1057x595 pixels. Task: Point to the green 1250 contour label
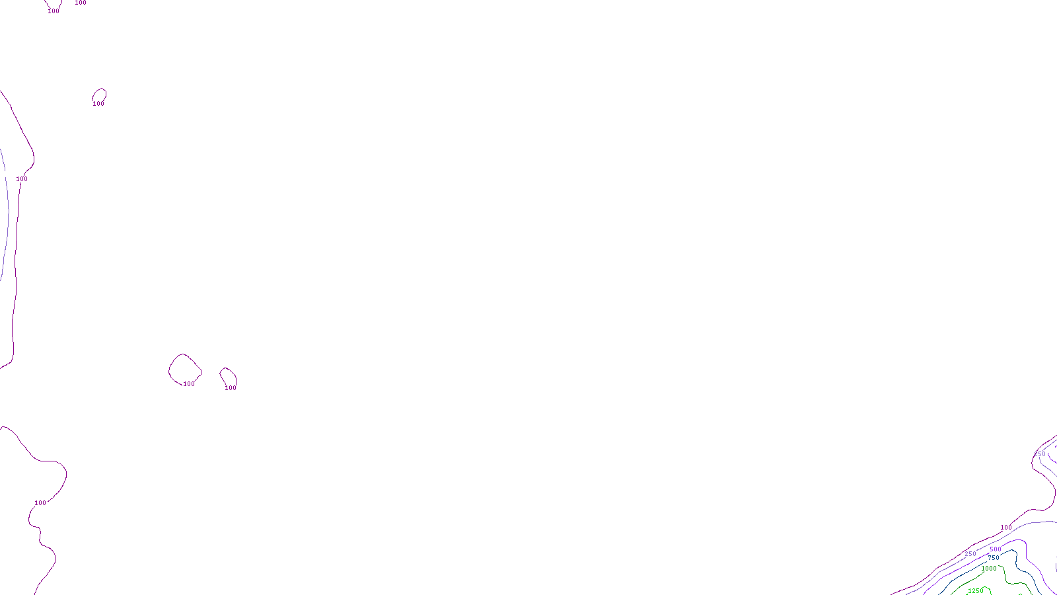[975, 591]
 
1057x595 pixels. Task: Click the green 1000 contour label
[989, 569]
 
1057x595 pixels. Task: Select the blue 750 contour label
[994, 559]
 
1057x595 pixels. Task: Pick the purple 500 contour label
[996, 549]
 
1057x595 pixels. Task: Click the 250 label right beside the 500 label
[970, 554]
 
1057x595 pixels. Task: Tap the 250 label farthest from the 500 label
[1040, 454]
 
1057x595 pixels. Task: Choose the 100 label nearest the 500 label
[1006, 528]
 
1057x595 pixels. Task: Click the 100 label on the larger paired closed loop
[189, 384]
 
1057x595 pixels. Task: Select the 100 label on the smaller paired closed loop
[231, 388]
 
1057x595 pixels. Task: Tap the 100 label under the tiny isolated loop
[98, 104]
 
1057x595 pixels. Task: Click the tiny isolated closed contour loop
[100, 95]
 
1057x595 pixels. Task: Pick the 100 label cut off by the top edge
[81, 3]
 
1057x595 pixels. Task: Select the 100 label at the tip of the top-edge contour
[54, 11]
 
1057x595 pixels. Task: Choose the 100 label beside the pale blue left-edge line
[22, 179]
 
